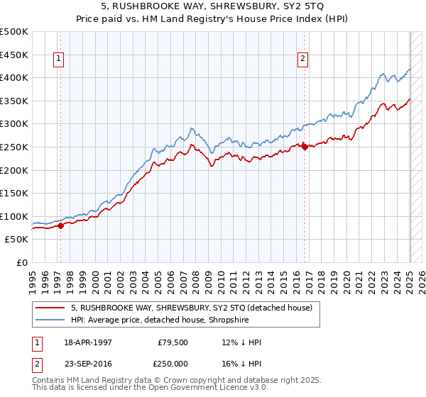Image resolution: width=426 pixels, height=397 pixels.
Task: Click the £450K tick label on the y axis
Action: [15, 55]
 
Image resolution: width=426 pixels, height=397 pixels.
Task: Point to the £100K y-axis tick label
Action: [15, 216]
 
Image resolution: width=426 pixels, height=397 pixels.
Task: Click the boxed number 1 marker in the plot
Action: [58, 59]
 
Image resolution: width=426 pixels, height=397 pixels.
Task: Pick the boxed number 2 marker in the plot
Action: [302, 59]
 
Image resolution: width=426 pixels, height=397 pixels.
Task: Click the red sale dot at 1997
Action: [60, 225]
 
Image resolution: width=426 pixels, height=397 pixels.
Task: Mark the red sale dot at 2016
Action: [305, 147]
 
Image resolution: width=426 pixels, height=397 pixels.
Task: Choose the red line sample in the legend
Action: [51, 308]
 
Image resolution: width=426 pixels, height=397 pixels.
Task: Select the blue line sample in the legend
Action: [51, 320]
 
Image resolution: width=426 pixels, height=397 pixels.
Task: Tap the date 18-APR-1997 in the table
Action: [87, 342]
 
